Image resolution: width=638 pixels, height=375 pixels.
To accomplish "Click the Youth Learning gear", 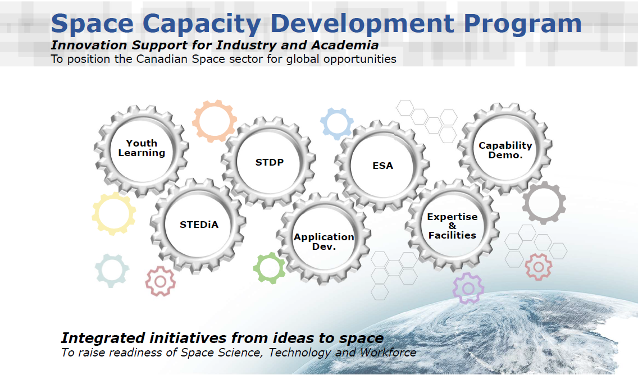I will (142, 148).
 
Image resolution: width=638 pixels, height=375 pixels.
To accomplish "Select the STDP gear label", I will (270, 162).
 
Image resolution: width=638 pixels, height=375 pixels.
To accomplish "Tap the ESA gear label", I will (382, 166).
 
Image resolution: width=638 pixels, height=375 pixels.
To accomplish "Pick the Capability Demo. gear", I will (505, 150).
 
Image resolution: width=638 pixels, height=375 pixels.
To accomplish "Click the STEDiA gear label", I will (199, 225).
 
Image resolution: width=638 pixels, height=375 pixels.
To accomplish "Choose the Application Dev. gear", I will (323, 241).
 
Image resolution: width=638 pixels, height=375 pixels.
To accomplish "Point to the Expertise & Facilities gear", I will (452, 226).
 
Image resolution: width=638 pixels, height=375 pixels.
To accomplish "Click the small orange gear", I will (213, 121).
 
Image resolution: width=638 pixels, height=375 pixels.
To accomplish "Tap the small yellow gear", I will (114, 213).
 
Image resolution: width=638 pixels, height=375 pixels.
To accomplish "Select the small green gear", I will (270, 268).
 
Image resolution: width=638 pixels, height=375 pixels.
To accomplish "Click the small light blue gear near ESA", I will (337, 124).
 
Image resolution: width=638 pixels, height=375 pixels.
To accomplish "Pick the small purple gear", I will (468, 288).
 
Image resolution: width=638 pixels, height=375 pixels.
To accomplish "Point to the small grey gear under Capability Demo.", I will (544, 203).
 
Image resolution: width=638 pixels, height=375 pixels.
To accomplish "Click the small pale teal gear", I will (112, 270).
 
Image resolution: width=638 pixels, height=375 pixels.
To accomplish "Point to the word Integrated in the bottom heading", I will (103, 338).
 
